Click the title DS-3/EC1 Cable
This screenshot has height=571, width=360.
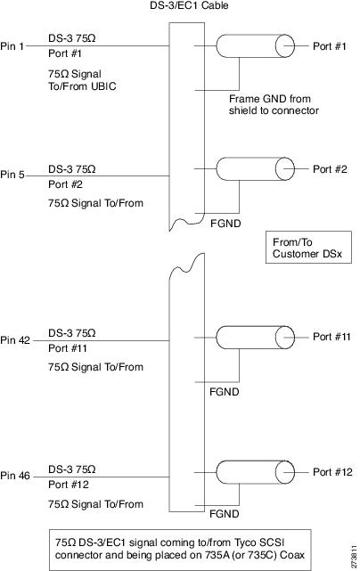coord(189,5)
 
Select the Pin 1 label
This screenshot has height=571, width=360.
coord(12,46)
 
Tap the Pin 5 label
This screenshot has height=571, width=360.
coord(12,175)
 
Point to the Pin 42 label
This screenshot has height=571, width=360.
coord(15,340)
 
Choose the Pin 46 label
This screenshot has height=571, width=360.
coord(15,476)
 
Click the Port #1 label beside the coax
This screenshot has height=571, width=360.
coord(330,46)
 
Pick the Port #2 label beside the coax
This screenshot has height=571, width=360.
coord(330,169)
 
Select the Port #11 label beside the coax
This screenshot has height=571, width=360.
coord(331,337)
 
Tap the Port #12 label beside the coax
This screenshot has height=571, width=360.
coord(332,472)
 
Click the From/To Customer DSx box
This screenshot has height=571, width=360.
coord(308,247)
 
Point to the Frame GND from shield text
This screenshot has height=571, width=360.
coord(274,104)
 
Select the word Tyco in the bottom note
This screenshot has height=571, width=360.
coord(248,542)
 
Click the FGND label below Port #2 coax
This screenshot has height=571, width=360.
coord(225,223)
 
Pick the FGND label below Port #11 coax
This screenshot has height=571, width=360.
coord(224,392)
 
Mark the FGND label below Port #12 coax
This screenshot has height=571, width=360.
coord(224,514)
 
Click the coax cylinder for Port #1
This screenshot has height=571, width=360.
coord(255,46)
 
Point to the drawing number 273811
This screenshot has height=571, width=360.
coord(354,557)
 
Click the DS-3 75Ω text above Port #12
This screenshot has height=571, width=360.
coord(72,469)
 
